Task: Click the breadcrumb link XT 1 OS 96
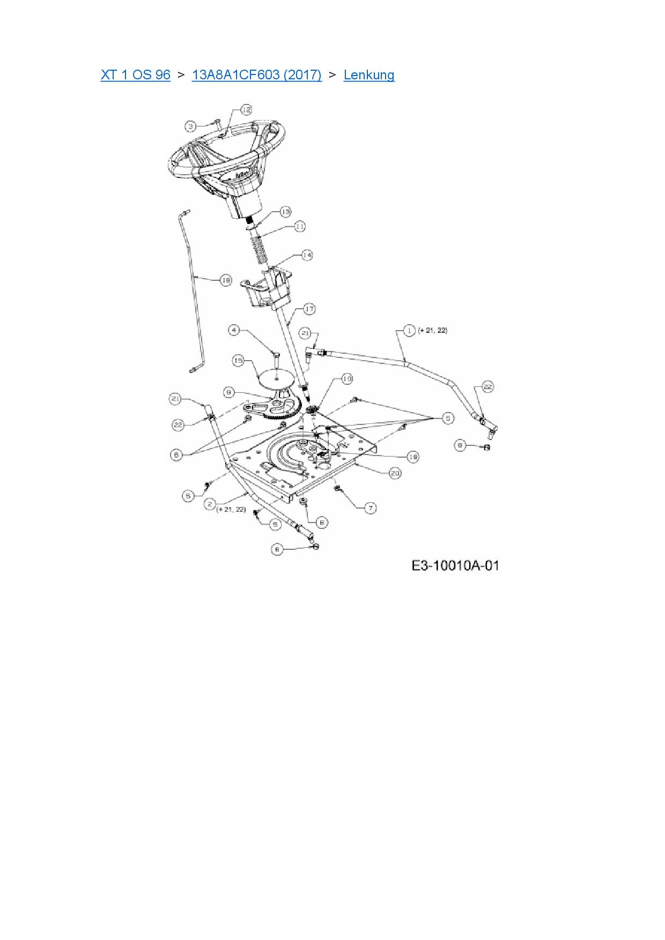[135, 75]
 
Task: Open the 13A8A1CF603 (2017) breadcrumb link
[256, 75]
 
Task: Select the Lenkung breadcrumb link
[369, 75]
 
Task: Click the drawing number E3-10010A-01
[455, 565]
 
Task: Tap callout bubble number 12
[246, 110]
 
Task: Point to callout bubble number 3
[191, 126]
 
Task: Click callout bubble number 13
[285, 212]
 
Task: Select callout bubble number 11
[299, 227]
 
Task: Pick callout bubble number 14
[306, 255]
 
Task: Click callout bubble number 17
[309, 309]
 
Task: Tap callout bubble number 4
[234, 330]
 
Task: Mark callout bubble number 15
[238, 361]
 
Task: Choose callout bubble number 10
[347, 379]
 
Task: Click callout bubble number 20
[395, 473]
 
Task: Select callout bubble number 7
[370, 508]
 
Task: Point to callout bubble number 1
[409, 331]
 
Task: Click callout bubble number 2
[210, 504]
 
